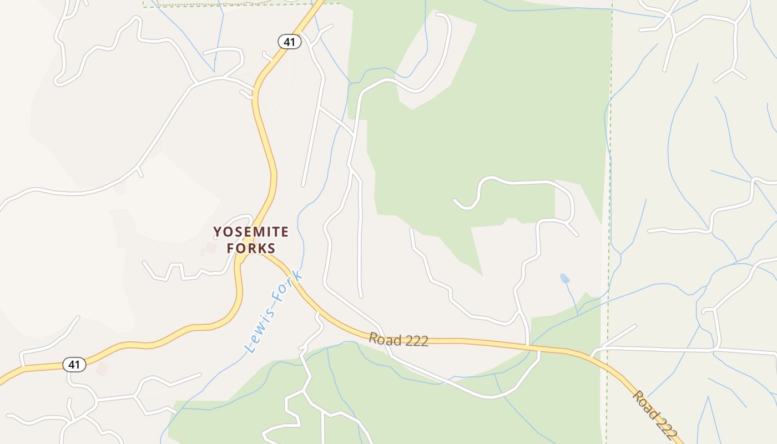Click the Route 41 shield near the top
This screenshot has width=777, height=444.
click(x=289, y=41)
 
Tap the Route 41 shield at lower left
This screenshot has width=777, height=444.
click(x=74, y=365)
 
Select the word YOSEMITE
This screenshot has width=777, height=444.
click(x=251, y=231)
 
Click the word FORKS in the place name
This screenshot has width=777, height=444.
click(x=251, y=248)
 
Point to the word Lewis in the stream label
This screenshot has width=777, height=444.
click(x=259, y=331)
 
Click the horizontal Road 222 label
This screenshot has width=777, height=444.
click(x=398, y=340)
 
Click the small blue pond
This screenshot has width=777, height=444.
click(x=564, y=278)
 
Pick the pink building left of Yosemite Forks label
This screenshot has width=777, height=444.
click(x=210, y=248)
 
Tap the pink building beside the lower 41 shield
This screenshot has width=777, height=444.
click(x=102, y=369)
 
